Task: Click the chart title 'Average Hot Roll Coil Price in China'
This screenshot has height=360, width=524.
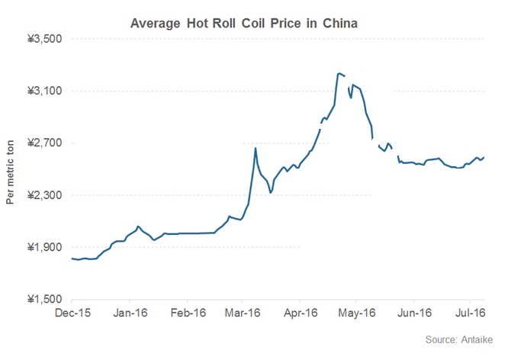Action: pyautogui.click(x=245, y=23)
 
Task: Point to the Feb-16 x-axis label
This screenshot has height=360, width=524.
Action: pyautogui.click(x=188, y=313)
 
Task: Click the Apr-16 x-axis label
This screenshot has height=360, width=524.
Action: pyautogui.click(x=301, y=313)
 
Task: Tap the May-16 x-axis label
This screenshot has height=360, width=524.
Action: pyautogui.click(x=357, y=313)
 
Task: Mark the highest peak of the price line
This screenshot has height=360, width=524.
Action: pyautogui.click(x=339, y=73)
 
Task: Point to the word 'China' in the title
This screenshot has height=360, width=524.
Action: pyautogui.click(x=341, y=23)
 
